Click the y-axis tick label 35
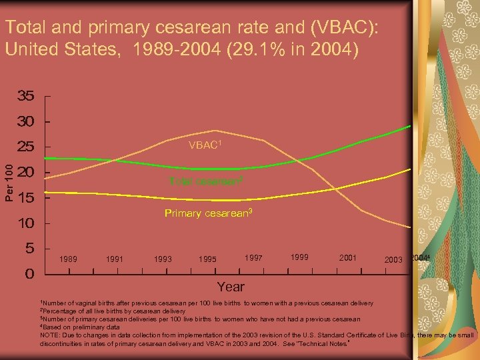26,97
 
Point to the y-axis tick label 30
26,122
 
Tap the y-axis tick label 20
26,173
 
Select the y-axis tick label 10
26,223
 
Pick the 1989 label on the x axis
67,259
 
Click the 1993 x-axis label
163,259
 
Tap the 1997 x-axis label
253,257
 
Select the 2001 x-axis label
348,257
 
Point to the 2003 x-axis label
394,259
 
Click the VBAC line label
205,145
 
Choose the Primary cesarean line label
208,213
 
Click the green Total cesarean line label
205,181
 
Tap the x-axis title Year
230,287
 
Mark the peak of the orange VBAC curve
215,130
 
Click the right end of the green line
409,125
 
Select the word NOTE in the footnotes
51,335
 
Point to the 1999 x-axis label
301,257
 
